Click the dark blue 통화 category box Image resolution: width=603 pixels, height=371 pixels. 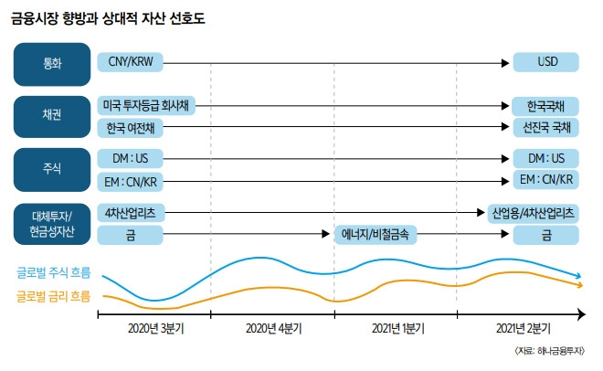(x=52, y=64)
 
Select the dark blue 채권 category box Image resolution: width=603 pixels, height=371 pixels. (x=52, y=116)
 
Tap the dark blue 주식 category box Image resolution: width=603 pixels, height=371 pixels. (x=52, y=168)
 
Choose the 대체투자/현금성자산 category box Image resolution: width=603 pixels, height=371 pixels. (x=52, y=224)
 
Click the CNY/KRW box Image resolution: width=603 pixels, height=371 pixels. (x=130, y=64)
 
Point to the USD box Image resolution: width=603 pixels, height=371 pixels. (x=545, y=64)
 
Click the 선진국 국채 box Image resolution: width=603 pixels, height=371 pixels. (x=545, y=127)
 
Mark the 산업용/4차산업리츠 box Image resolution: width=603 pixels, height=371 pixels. (x=534, y=213)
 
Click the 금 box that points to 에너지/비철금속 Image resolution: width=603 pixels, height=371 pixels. (x=130, y=235)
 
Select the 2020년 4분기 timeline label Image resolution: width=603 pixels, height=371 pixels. (x=272, y=326)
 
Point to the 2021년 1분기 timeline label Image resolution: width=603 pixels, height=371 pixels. (x=396, y=326)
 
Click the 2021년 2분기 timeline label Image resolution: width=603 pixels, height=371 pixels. (x=520, y=326)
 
